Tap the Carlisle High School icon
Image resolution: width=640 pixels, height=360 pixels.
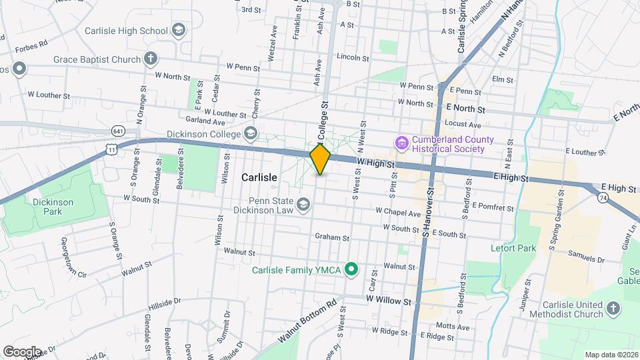tap(178, 30)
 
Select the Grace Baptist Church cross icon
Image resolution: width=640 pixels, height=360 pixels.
tap(151, 59)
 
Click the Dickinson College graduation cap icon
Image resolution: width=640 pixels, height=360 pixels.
tap(250, 133)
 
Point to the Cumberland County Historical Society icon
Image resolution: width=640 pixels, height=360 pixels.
tap(401, 143)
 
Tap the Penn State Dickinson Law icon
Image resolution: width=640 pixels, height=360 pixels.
tap(303, 203)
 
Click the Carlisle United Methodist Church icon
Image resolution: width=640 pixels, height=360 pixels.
tap(613, 309)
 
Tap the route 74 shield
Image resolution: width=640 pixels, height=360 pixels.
tap(603, 198)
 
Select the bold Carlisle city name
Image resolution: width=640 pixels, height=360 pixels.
tap(258, 178)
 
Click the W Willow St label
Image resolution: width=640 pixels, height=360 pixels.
tap(389, 301)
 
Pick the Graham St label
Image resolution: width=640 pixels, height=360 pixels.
tap(333, 237)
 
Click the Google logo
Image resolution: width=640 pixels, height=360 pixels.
tap(22, 351)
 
